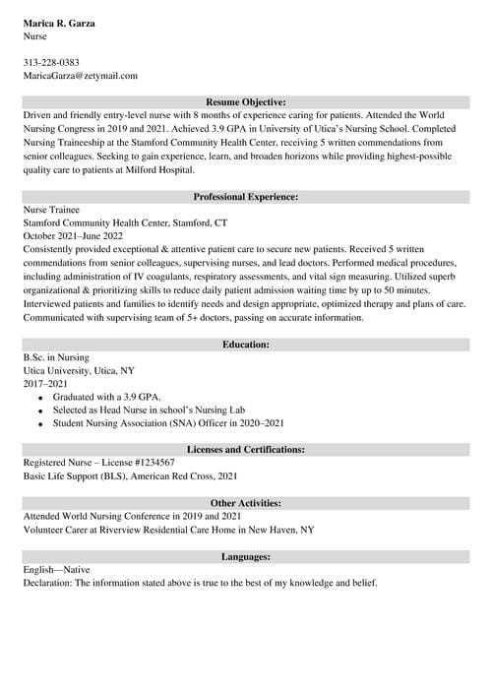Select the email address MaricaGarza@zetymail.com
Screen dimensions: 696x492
(80, 75)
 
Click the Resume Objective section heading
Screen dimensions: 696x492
(246, 101)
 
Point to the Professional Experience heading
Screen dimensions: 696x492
(246, 197)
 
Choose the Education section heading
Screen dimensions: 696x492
(246, 345)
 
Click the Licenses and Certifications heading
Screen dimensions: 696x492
(246, 449)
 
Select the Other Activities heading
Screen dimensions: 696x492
(246, 502)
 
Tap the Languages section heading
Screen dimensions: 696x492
(246, 556)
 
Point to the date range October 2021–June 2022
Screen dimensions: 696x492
(73, 236)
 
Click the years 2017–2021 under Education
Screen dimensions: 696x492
(45, 384)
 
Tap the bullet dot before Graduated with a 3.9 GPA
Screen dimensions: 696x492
(40, 398)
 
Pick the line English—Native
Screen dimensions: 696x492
(56, 569)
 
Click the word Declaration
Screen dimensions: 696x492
(47, 583)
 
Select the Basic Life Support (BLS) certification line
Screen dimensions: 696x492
(130, 475)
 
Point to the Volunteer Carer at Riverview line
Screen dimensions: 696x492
(168, 529)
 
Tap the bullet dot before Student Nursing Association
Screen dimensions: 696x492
(40, 424)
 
